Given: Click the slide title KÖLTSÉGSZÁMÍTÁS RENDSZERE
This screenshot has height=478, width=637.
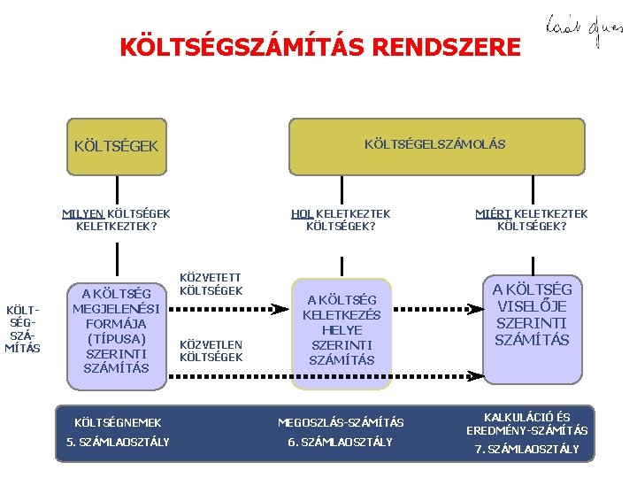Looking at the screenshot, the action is pos(320,46).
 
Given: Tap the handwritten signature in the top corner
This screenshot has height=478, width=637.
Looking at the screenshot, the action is pos(572,32).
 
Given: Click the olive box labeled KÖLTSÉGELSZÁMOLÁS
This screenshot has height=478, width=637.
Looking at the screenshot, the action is pos(434,144).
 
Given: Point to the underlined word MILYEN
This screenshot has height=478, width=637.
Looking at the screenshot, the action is pos(83,213).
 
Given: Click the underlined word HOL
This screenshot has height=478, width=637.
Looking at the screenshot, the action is pos(302,213).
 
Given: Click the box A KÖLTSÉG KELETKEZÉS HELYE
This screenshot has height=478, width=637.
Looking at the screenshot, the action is pos(342,330).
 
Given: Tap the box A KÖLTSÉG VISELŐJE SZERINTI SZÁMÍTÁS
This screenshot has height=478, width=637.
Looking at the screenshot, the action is pos(533,315).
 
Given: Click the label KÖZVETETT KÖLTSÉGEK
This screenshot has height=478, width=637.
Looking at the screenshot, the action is pos(211,284).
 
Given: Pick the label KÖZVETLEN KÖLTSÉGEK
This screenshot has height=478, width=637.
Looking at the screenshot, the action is pos(211,351).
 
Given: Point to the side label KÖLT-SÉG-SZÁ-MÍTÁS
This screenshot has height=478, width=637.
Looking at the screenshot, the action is pos(23,329).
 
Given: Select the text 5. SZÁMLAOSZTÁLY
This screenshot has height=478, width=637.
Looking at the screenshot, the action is pos(118,442).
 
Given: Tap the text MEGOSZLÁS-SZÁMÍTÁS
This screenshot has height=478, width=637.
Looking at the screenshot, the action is pos(341,423).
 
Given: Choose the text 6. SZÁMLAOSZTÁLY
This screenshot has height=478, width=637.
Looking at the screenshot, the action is pos(341,442).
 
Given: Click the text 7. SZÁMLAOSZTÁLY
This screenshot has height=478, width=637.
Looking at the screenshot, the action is pos(527,449).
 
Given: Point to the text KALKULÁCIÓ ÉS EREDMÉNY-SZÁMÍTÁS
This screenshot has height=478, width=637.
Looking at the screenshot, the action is pos(527,423).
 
